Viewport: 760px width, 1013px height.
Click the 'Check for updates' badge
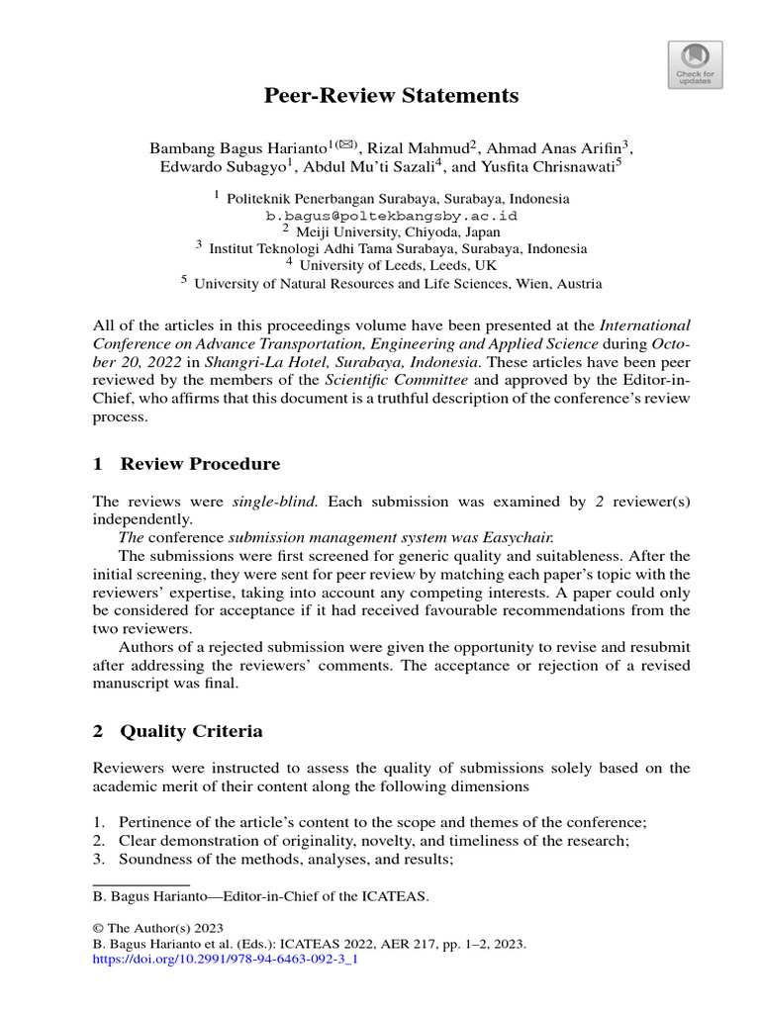click(x=697, y=63)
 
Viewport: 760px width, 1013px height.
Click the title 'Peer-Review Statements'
click(x=391, y=96)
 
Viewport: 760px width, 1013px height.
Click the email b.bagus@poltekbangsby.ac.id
click(x=391, y=215)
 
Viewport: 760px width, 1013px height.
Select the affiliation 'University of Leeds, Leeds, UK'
click(x=399, y=265)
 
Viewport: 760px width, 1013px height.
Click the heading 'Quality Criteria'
click(x=191, y=731)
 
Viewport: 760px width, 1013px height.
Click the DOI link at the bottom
click(x=224, y=959)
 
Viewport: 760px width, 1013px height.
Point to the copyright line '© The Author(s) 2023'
click(x=157, y=929)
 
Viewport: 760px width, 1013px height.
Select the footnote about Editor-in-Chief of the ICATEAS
click(x=261, y=896)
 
